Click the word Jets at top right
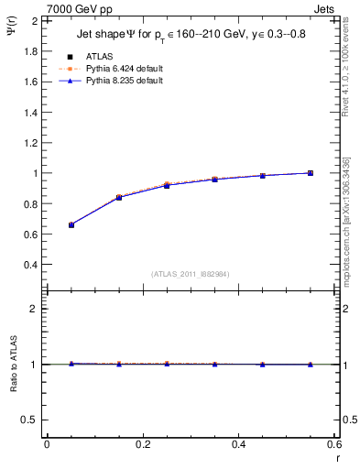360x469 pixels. tap(325, 9)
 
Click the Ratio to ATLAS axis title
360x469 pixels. tap(12, 389)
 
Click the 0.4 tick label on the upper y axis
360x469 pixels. tap(28, 265)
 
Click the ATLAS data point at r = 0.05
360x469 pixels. tap(71, 224)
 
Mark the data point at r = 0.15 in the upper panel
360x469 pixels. tap(119, 197)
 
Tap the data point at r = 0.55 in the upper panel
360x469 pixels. tap(311, 173)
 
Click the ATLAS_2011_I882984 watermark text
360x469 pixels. tap(191, 274)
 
